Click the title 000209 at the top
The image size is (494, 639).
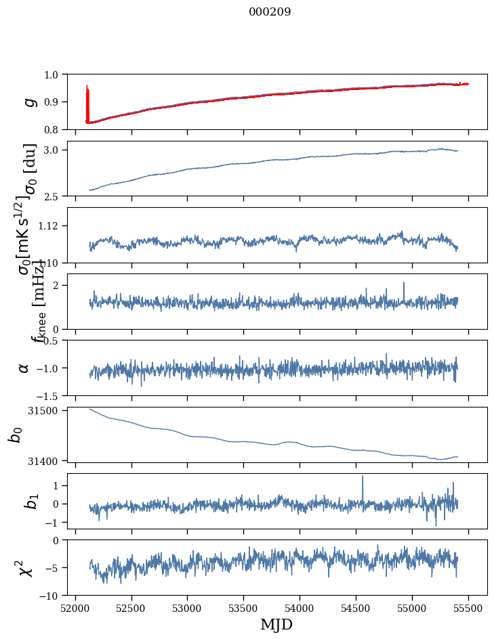pyautogui.click(x=270, y=12)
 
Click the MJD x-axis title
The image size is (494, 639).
pyautogui.click(x=276, y=624)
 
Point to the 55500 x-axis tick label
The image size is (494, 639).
pyautogui.click(x=469, y=608)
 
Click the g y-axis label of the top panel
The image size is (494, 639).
pyautogui.click(x=28, y=102)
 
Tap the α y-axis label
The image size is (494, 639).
pyautogui.click(x=24, y=367)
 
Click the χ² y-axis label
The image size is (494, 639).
pyautogui.click(x=26, y=567)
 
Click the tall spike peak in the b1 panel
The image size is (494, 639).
pyautogui.click(x=363, y=477)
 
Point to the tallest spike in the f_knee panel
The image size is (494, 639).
pyautogui.click(x=404, y=284)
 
